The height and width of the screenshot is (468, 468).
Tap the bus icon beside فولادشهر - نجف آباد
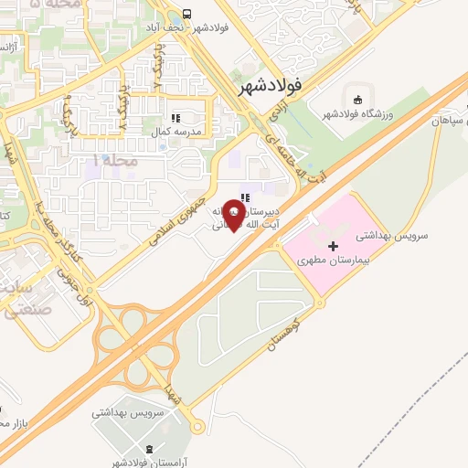186,14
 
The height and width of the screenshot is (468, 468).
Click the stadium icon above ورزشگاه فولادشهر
357,98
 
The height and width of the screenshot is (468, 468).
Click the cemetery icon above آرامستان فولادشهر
149,449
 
